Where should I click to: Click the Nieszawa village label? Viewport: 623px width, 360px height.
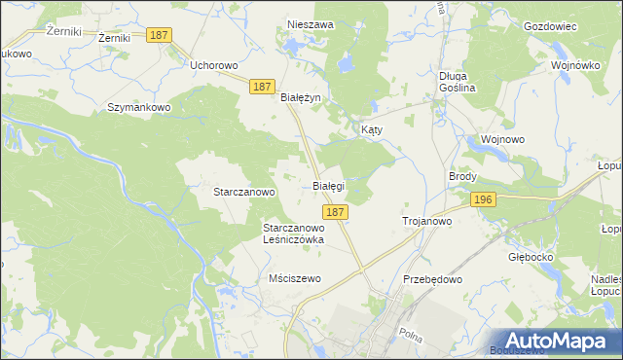[x=310, y=24]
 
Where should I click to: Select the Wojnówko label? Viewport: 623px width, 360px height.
[x=574, y=64]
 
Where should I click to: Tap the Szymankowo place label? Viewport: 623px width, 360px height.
[x=139, y=107]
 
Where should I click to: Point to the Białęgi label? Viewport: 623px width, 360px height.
[x=328, y=184]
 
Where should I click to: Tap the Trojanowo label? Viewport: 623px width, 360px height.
[x=427, y=222]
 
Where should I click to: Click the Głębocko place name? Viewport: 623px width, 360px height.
[x=531, y=258]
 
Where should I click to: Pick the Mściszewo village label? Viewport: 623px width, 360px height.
[x=294, y=278]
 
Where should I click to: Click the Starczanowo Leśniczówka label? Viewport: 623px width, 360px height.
[x=293, y=234]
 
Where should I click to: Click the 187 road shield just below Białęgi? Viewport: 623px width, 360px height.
[x=334, y=211]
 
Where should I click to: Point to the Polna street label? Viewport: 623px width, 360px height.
[x=410, y=333]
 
